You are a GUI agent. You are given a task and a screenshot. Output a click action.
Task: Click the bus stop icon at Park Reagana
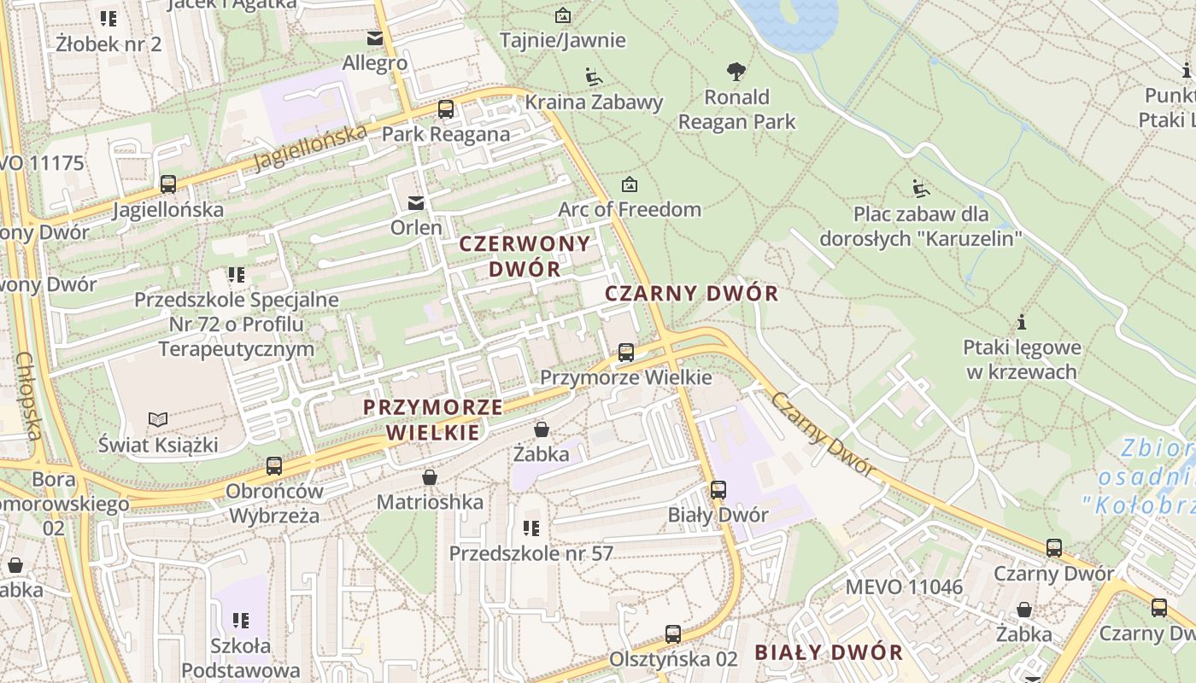(x=445, y=109)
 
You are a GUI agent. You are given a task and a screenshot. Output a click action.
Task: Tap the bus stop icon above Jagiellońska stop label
(x=168, y=184)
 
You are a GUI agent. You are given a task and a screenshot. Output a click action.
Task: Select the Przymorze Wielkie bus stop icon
(x=626, y=352)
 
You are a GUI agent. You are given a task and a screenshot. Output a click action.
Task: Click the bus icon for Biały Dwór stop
(x=718, y=489)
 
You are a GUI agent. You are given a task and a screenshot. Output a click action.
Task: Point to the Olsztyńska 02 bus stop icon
(x=673, y=634)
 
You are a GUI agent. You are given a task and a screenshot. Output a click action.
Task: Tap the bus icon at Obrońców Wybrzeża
(x=274, y=466)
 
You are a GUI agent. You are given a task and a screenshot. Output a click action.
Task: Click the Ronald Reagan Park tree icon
(x=736, y=72)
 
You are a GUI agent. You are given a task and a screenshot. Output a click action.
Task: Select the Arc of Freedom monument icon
(x=630, y=184)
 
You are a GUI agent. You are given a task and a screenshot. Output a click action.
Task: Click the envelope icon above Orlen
(x=416, y=202)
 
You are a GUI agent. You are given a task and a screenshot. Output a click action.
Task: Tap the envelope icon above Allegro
(x=374, y=38)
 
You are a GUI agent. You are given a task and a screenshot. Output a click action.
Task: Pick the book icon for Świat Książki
(x=158, y=419)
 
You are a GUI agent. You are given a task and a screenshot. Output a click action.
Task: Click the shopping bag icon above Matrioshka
(x=430, y=477)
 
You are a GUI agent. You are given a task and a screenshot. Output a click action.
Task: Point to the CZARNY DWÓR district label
(x=691, y=294)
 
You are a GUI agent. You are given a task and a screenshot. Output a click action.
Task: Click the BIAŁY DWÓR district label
(x=828, y=653)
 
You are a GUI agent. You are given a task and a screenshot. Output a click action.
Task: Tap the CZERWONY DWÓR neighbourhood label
(x=512, y=255)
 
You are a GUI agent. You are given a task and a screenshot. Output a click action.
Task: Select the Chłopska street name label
(x=28, y=396)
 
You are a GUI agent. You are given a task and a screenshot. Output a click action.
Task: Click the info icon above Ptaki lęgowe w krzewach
(x=1022, y=323)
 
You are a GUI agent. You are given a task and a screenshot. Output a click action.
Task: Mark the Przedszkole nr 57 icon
(x=531, y=528)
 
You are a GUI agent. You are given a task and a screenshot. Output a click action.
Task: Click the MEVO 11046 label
(x=904, y=587)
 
